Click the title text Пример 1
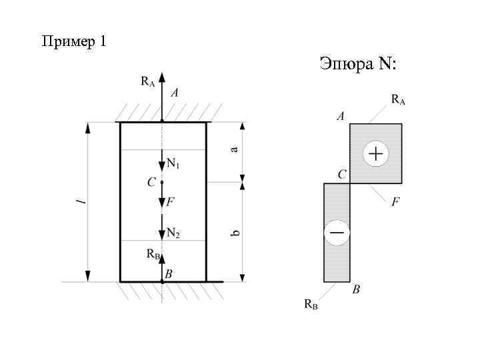pyautogui.click(x=73, y=41)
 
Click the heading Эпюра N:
pyautogui.click(x=357, y=64)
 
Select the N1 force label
pyautogui.click(x=173, y=163)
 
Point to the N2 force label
pyautogui.click(x=173, y=233)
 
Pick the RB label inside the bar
pyautogui.click(x=153, y=254)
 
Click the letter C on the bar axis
pyautogui.click(x=151, y=181)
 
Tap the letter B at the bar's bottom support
pyautogui.click(x=169, y=274)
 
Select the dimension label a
pyautogui.click(x=234, y=149)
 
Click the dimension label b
pyautogui.click(x=235, y=233)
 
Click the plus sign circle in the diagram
pyautogui.click(x=375, y=154)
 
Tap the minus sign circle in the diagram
pyautogui.click(x=337, y=233)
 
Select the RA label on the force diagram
pyautogui.click(x=398, y=100)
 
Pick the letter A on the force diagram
pyautogui.click(x=341, y=116)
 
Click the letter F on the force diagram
pyautogui.click(x=395, y=201)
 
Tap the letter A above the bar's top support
pyautogui.click(x=174, y=94)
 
